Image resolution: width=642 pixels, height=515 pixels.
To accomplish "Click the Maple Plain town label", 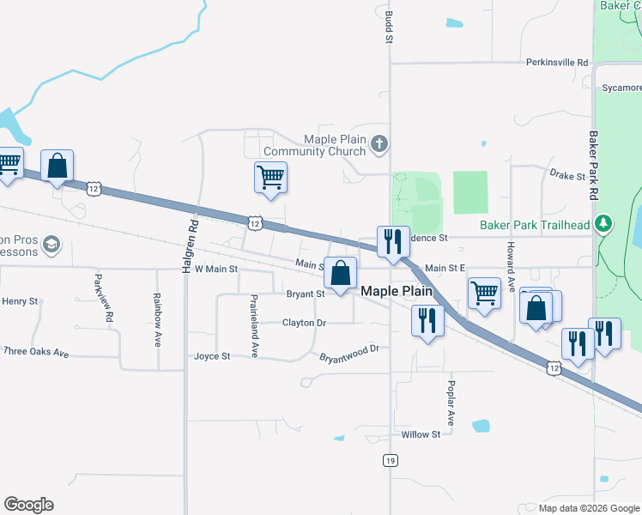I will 396,291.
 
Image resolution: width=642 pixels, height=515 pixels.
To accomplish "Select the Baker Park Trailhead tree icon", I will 604,225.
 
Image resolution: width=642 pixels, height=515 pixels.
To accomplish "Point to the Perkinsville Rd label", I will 558,63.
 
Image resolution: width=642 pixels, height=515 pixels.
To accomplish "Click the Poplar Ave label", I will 451,403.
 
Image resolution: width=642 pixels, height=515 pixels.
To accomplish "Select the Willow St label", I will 421,434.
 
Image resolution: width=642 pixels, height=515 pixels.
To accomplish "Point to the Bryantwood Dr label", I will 348,354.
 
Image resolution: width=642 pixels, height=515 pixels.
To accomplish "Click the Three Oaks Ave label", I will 36,352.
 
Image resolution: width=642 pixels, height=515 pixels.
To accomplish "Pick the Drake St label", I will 567,176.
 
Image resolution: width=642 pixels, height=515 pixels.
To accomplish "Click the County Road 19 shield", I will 390,460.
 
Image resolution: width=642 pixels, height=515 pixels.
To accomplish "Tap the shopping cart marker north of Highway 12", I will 270,178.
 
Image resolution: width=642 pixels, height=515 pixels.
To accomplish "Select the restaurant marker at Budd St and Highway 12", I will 393,242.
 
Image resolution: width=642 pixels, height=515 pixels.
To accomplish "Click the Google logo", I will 28,505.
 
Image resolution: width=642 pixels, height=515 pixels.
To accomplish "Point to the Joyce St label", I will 212,356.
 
